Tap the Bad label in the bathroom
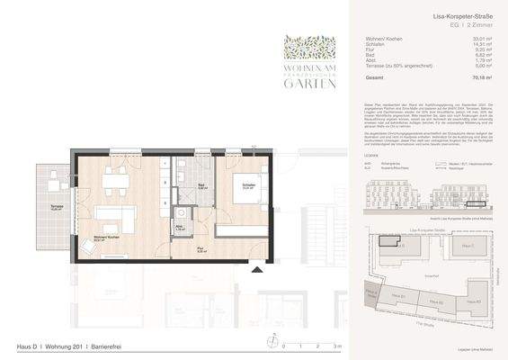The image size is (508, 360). click(179, 187)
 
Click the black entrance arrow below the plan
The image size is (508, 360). click(259, 269)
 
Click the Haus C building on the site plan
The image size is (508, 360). click(466, 247)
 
